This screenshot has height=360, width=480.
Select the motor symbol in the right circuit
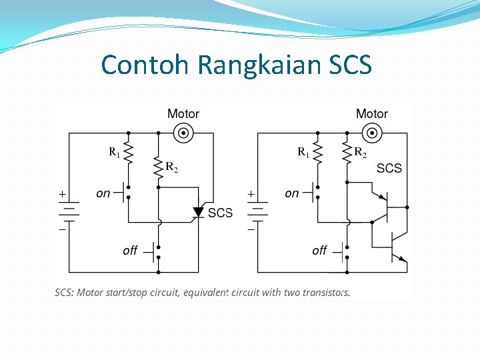(x=371, y=133)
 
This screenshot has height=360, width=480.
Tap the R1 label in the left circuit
(x=115, y=153)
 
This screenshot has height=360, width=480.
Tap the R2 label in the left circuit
(x=171, y=166)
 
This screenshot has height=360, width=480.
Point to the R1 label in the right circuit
(x=303, y=153)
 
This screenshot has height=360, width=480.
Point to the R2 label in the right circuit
(x=360, y=153)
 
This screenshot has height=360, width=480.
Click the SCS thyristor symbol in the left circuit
(x=197, y=213)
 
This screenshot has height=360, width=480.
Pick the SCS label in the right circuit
(x=389, y=168)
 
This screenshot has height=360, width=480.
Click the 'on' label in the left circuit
(x=103, y=193)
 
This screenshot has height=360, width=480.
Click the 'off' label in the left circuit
(x=130, y=250)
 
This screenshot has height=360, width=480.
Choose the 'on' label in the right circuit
(x=292, y=193)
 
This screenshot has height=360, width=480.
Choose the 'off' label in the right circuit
(x=319, y=250)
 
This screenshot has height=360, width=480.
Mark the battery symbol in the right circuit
(x=258, y=210)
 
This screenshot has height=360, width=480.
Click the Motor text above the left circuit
(x=183, y=114)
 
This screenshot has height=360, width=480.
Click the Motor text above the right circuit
(x=372, y=114)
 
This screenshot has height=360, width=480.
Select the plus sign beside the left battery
(x=62, y=194)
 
